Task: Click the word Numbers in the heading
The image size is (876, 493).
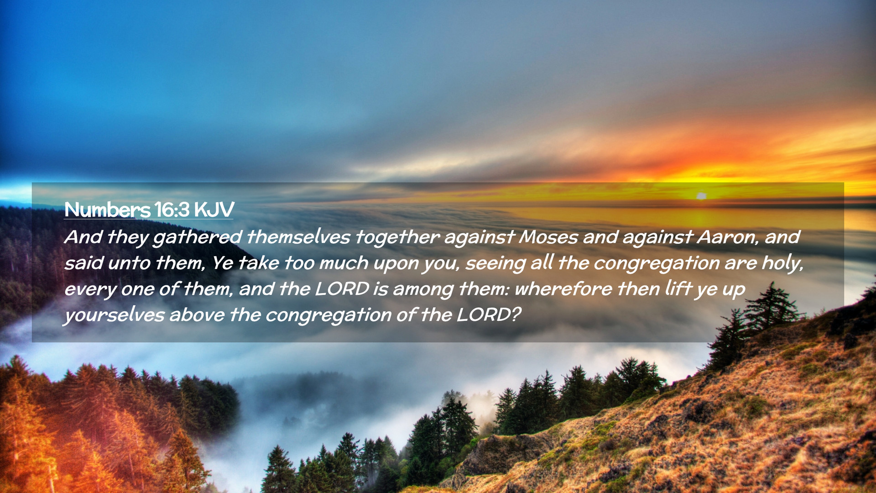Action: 107,210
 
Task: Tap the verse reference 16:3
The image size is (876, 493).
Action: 172,210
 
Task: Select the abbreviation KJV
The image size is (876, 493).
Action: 214,210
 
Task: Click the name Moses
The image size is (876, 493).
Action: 548,237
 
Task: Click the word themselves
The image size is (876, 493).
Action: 298,237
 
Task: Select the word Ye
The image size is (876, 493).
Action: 222,263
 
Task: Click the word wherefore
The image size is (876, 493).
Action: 563,289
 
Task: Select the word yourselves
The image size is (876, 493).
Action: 115,315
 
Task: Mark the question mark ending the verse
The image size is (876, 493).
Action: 516,315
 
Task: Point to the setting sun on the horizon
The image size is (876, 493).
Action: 701,196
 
